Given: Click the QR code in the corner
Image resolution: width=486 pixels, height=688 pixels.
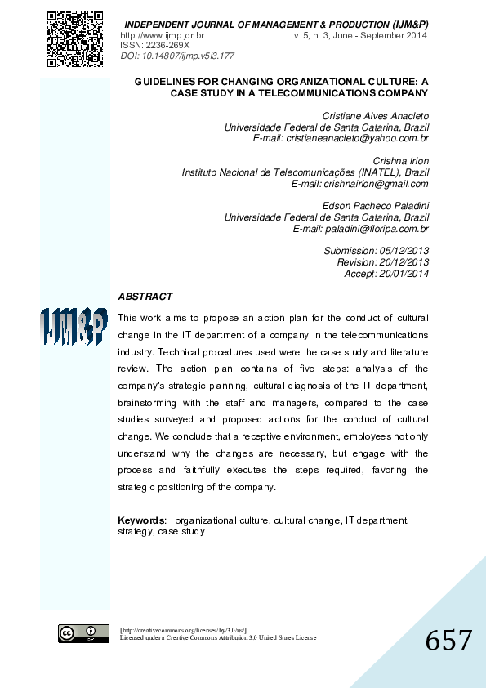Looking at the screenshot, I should click(x=75, y=38).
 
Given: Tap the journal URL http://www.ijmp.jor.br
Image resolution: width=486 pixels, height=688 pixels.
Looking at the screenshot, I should click(x=162, y=36).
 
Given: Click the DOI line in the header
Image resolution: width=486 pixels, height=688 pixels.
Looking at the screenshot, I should click(x=177, y=56).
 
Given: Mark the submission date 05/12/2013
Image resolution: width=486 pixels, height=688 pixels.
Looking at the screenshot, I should click(x=403, y=251).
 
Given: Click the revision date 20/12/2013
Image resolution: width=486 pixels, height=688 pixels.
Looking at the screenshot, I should click(x=403, y=262).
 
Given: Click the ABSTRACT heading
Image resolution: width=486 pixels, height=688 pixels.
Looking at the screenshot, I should click(x=145, y=297).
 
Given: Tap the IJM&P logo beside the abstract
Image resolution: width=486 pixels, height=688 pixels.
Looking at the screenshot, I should click(x=74, y=328).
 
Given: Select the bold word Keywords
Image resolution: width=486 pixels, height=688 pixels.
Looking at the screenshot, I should click(x=141, y=520).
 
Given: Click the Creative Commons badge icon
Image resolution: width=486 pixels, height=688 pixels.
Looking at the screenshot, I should click(x=83, y=633).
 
